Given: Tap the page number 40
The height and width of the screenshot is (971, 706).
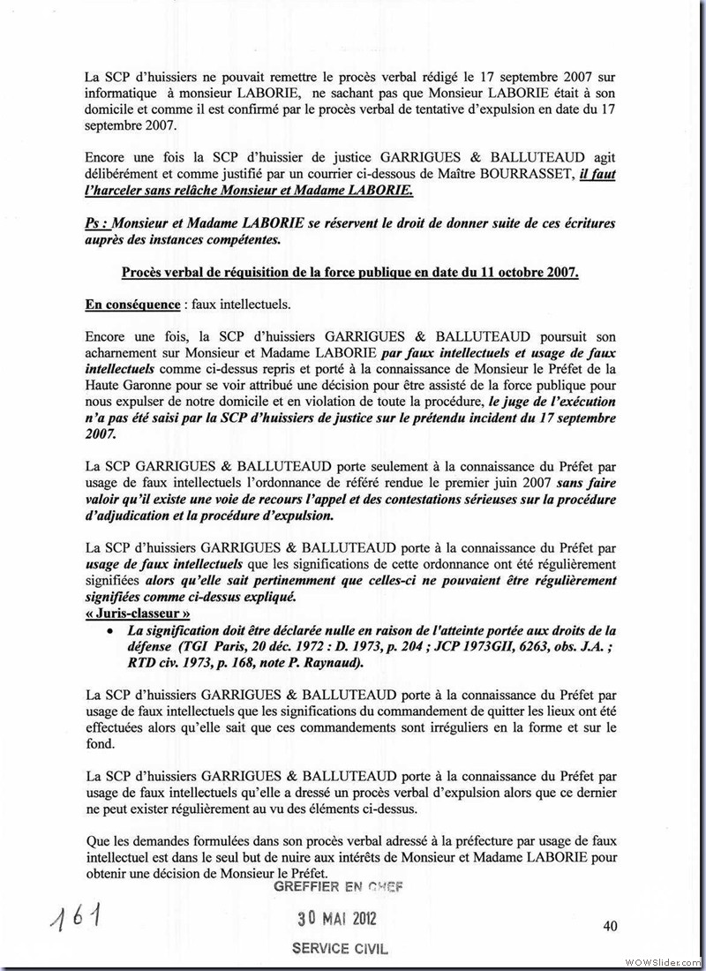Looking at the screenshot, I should pyautogui.click(x=610, y=926).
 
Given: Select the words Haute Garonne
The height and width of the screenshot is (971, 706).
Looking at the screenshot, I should pyautogui.click(x=131, y=385).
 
